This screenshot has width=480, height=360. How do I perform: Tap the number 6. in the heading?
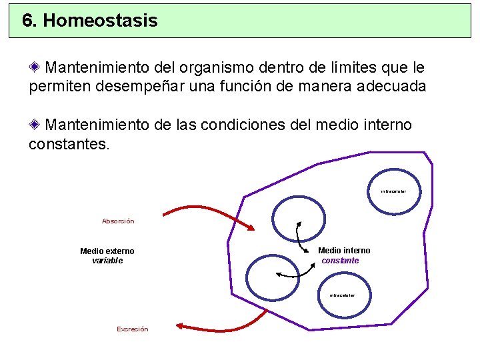click(30, 21)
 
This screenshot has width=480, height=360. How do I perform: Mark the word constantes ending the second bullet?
click(66, 143)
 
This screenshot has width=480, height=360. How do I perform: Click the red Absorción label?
click(118, 221)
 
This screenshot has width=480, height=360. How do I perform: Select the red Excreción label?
click(133, 329)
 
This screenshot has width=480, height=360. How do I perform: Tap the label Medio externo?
click(107, 251)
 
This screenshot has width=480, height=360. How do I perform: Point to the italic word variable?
click(107, 261)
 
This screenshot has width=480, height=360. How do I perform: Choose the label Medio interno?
click(344, 251)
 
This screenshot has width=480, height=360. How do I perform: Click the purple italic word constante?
click(340, 261)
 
